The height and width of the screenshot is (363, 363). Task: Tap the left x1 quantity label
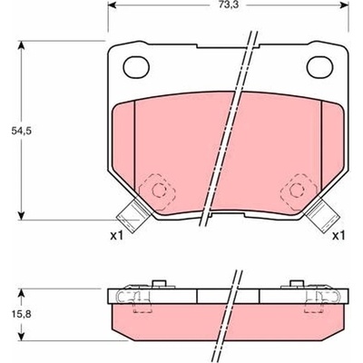click(116, 236)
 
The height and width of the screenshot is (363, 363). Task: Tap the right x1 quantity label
click(338, 236)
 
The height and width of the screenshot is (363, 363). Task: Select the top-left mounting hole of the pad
click(136, 67)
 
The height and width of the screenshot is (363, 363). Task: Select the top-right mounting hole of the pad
click(320, 66)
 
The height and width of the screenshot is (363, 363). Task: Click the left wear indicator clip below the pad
click(133, 215)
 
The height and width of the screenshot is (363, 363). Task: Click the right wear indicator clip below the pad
click(321, 213)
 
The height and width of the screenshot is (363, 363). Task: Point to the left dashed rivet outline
click(158, 191)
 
